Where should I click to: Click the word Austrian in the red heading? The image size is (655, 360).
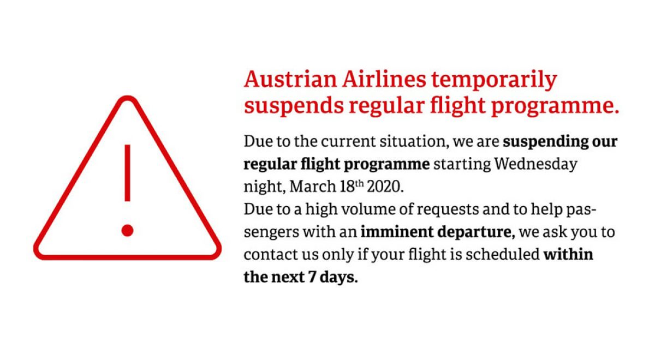(290, 80)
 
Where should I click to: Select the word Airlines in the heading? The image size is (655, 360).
(384, 80)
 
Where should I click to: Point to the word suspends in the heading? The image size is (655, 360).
(294, 106)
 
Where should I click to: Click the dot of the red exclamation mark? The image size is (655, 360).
(128, 231)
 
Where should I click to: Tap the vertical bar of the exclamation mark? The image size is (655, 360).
(128, 173)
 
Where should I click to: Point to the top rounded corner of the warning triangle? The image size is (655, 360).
(128, 99)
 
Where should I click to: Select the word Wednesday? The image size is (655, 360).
(535, 164)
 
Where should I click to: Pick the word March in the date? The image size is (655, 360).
(313, 187)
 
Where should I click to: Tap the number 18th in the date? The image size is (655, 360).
(352, 187)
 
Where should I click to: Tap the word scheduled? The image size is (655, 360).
(502, 254)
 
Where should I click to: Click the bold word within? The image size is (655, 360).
(568, 254)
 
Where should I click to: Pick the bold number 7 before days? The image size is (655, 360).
(312, 277)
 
